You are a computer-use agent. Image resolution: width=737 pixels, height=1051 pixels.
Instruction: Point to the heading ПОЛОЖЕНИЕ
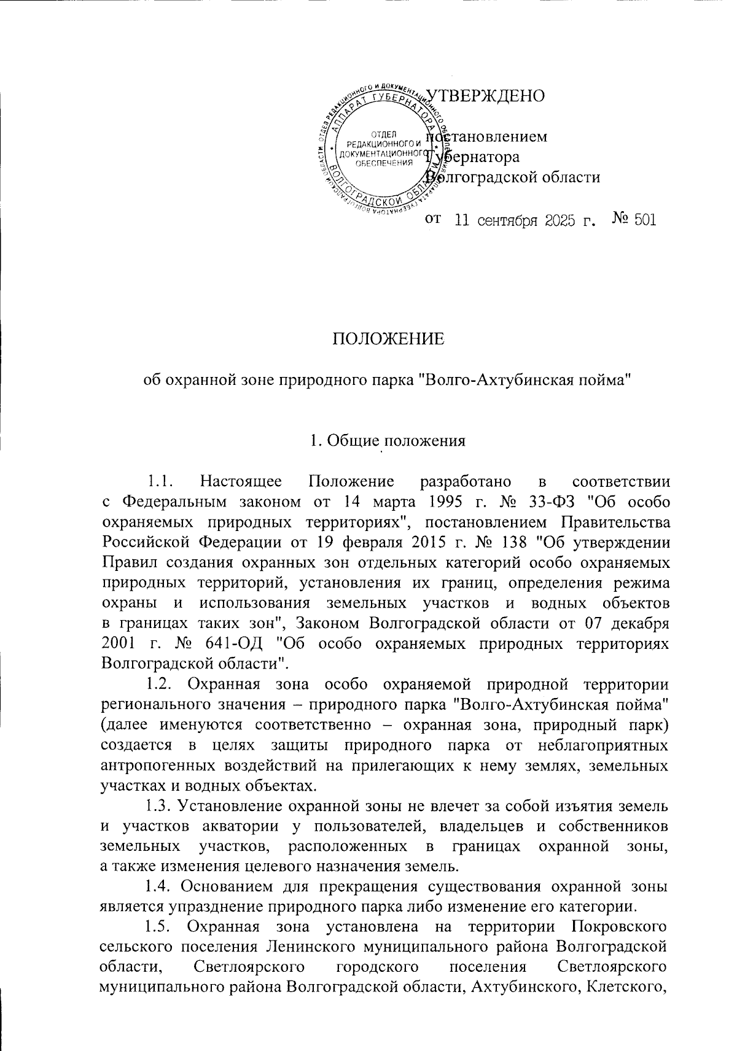[x=388, y=339]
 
